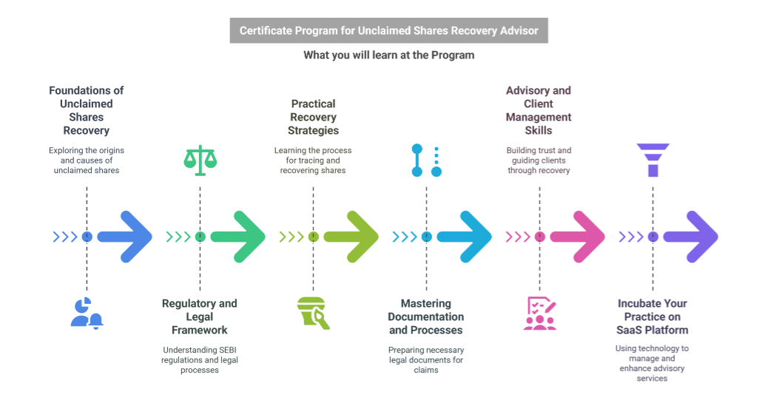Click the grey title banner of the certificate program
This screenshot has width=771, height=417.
(388, 31)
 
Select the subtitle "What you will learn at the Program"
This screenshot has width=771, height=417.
(388, 55)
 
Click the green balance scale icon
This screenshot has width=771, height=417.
(200, 160)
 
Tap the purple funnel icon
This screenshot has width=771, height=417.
(653, 160)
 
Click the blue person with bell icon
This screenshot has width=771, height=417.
(87, 313)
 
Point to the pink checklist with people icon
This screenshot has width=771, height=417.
(539, 313)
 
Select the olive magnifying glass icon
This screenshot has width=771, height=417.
(313, 313)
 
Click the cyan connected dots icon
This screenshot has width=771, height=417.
(426, 160)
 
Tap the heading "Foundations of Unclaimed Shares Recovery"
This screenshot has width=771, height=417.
(87, 110)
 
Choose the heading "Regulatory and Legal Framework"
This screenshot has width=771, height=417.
(200, 316)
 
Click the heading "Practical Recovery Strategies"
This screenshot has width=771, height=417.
(313, 117)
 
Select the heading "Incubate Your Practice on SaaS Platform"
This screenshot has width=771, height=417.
(653, 316)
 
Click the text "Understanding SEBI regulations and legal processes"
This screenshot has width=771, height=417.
(200, 360)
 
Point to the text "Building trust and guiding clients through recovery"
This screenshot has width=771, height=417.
(539, 160)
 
